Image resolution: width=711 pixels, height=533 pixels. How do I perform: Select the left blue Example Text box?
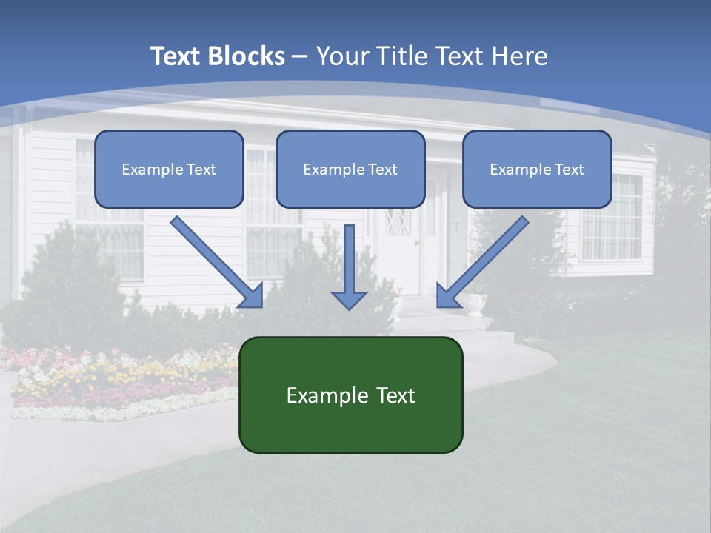(x=169, y=169)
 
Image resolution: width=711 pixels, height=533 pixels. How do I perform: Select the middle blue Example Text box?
(x=350, y=169)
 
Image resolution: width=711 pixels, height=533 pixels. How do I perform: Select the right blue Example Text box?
(x=537, y=169)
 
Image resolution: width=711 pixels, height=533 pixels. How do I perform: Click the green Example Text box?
(x=350, y=395)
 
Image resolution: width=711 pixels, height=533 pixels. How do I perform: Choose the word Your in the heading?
(x=342, y=56)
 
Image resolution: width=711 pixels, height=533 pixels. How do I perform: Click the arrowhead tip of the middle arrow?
(x=349, y=307)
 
